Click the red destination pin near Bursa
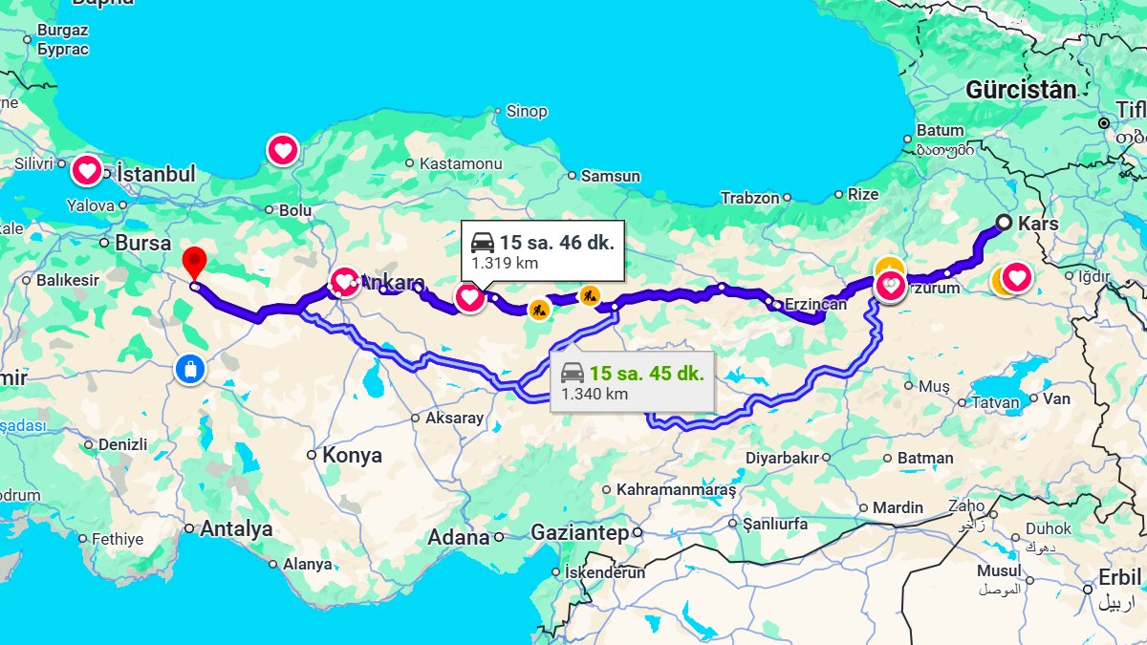194,261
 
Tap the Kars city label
1039,223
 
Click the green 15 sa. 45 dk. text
647,374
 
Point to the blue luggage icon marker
190,369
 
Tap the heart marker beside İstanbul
87,171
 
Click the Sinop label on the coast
527,111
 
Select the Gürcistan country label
1021,91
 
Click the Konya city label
352,455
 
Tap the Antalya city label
235,528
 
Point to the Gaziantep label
579,532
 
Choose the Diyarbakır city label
782,458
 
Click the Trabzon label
750,198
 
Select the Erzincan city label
815,305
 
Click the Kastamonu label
461,164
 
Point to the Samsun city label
610,176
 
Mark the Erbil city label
1119,578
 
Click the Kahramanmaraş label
676,489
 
